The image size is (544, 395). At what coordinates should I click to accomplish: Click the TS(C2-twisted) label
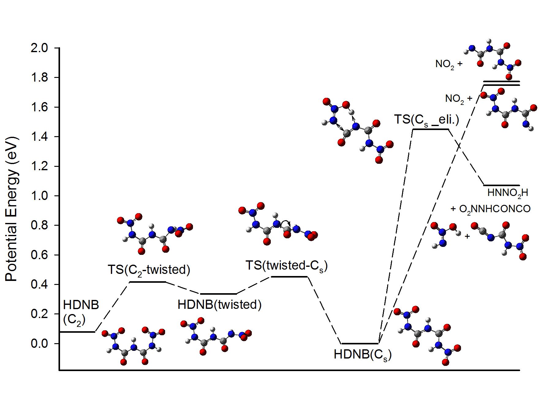(149, 270)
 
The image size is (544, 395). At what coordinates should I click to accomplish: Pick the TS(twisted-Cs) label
(286, 266)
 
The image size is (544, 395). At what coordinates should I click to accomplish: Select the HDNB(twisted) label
(219, 305)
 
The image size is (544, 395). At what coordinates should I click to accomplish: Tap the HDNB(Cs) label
(363, 355)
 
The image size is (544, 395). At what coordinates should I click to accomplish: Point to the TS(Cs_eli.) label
(426, 119)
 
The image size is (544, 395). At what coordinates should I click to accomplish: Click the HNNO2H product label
(508, 193)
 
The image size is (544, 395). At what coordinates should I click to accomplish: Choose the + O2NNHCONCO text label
(490, 209)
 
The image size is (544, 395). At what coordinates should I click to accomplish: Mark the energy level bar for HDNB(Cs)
(360, 343)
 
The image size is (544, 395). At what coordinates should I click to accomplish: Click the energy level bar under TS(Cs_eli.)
(431, 129)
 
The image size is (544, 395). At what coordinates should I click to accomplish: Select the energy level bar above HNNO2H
(501, 185)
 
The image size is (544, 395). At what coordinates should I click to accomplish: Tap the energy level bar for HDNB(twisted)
(218, 294)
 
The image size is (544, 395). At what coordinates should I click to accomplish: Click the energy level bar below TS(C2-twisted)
(147, 282)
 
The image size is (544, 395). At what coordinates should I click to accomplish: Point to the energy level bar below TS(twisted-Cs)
(289, 277)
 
